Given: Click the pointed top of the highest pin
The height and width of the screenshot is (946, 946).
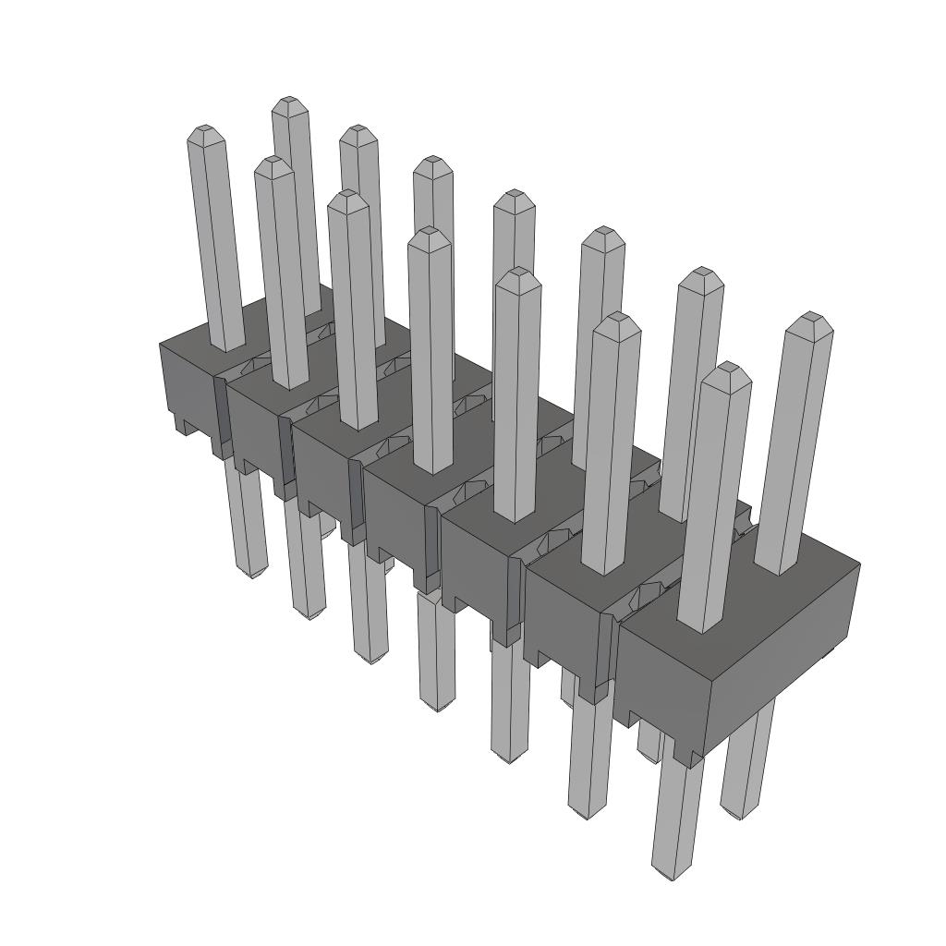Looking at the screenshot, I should (289, 102).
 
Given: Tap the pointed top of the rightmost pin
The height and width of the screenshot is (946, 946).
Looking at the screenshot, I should (811, 319).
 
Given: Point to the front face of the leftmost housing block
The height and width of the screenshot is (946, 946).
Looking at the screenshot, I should (189, 388).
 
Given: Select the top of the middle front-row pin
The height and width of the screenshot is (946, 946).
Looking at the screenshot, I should (429, 233).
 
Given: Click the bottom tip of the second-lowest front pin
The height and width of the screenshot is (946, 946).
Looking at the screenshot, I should (580, 813).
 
